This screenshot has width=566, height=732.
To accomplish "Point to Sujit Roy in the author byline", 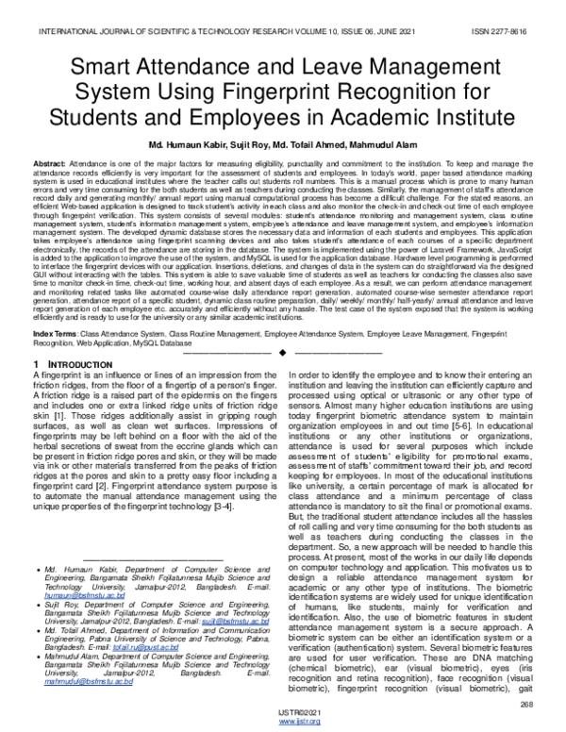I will (x=238, y=145).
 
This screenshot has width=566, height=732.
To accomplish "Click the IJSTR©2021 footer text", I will (x=283, y=713).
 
